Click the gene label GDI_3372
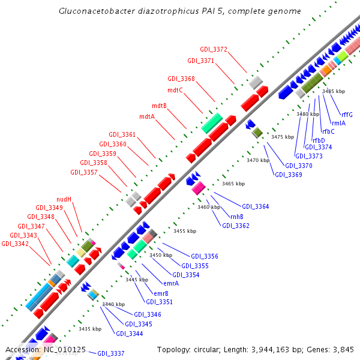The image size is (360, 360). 213,49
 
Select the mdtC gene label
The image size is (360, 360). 175,90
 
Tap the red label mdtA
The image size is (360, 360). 147,116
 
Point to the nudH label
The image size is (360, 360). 64,199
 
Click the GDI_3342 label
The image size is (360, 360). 14,244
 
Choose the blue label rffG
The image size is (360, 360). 347,115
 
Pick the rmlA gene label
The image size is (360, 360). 338,123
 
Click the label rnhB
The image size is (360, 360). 236,217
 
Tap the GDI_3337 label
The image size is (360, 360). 111,353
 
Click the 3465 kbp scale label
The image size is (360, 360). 233,184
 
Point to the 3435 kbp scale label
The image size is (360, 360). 90,329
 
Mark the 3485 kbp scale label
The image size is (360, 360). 334,91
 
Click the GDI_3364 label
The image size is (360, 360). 256,206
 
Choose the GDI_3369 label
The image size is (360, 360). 289,175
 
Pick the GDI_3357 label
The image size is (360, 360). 83,172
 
